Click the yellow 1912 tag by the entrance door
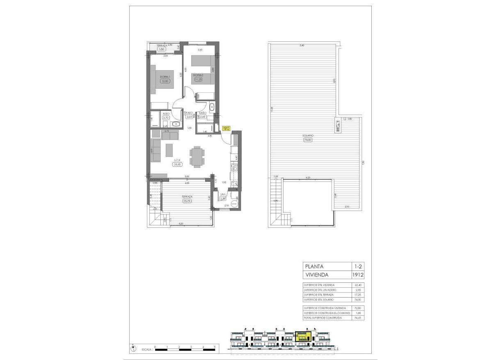[226, 128]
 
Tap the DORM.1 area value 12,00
[165, 81]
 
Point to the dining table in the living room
[196, 156]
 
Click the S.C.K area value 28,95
[178, 164]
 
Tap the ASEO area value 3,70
[166, 118]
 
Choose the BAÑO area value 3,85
[202, 117]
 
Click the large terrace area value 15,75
[188, 201]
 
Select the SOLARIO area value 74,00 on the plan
[308, 140]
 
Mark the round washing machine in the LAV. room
[234, 203]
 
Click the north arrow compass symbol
[133, 349]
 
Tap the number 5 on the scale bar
[215, 347]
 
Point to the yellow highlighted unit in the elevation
[303, 337]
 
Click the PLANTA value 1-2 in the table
[357, 266]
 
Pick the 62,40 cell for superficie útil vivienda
[357, 285]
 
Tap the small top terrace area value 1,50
[161, 49]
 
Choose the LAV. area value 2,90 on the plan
[223, 198]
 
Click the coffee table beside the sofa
[169, 150]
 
